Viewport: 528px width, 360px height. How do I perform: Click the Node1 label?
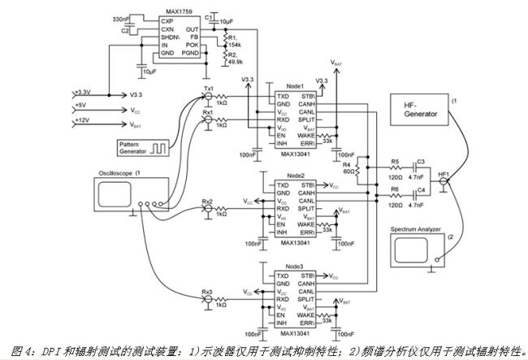(293, 86)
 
